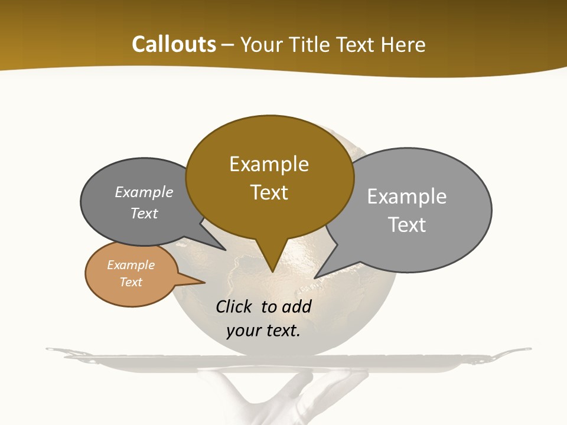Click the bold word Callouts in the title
(x=174, y=44)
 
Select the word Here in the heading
(x=404, y=44)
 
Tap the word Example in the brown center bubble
(x=269, y=164)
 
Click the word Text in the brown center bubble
(x=269, y=192)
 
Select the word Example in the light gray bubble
(x=407, y=197)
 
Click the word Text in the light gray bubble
(x=407, y=225)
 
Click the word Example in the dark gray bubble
(x=144, y=192)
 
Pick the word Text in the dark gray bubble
(x=144, y=213)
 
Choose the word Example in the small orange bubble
(x=131, y=265)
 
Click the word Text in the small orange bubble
(x=131, y=282)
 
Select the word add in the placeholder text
(x=296, y=306)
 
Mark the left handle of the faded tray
(x=57, y=352)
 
